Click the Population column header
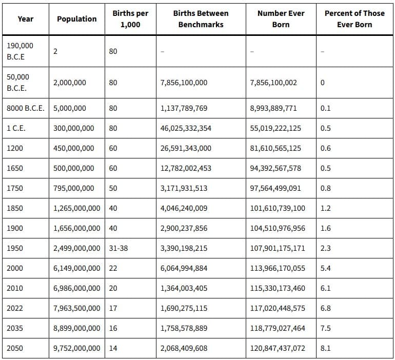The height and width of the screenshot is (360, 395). click(77, 19)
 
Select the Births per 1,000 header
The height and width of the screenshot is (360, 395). click(130, 19)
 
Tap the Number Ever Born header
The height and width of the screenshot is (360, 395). click(281, 19)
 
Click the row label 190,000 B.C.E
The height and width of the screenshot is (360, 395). click(20, 51)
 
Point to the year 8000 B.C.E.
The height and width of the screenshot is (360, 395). click(26, 108)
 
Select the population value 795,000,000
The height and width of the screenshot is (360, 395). click(73, 188)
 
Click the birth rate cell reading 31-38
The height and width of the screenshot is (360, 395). click(118, 248)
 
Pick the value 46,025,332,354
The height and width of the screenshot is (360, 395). click(186, 128)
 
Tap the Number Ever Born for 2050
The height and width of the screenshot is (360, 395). click(278, 348)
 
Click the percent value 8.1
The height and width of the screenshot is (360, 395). click(325, 348)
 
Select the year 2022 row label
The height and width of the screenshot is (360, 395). click(14, 308)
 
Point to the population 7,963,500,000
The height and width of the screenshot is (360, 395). click(76, 308)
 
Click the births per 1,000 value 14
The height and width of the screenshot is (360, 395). click(113, 348)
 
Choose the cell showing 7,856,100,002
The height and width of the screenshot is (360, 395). click(273, 83)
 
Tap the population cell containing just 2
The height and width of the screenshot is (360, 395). click(55, 51)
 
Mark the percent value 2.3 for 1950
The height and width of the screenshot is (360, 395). click(325, 248)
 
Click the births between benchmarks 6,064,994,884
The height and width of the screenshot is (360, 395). click(184, 268)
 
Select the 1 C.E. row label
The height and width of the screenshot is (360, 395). click(16, 128)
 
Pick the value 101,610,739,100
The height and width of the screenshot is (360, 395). click(278, 208)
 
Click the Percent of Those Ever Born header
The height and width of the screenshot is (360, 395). click(354, 19)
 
